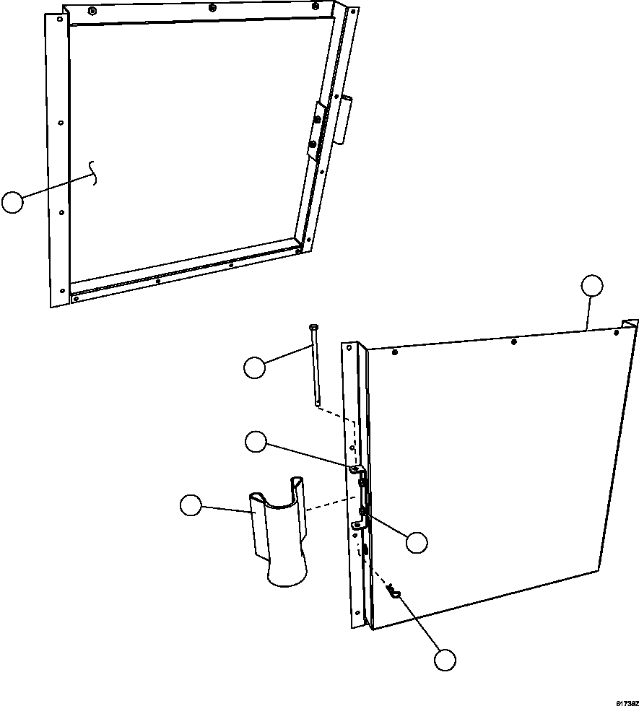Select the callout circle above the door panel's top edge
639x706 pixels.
point(591,286)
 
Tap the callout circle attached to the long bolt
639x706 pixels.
point(254,368)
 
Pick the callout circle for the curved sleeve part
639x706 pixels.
point(191,505)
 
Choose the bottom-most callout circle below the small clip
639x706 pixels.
point(445,659)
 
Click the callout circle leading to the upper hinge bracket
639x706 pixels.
point(256,441)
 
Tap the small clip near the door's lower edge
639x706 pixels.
point(394,593)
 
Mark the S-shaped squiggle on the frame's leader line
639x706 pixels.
point(92,171)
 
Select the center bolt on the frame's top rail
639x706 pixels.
point(212,8)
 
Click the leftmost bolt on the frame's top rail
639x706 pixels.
point(93,11)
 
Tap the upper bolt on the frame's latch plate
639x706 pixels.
point(318,116)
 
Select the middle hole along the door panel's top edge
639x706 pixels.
point(513,341)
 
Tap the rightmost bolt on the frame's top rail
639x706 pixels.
point(334,8)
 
